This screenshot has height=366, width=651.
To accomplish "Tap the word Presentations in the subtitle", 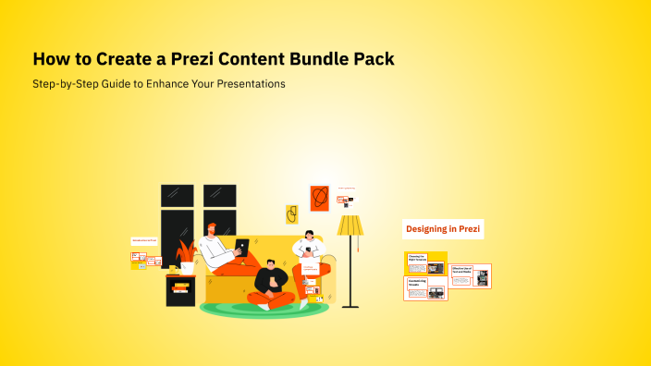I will click(x=250, y=84).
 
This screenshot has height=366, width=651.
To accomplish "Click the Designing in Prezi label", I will click(x=443, y=228).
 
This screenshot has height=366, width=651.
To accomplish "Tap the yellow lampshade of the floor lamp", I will click(x=350, y=226).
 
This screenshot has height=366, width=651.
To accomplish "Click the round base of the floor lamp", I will click(x=350, y=306).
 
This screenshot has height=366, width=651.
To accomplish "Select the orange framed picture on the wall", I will click(x=320, y=198).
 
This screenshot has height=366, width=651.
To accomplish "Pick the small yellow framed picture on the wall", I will click(x=291, y=215).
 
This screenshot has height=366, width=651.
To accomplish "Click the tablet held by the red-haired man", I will click(x=241, y=247).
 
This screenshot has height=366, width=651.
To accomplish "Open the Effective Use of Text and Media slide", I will click(x=471, y=275).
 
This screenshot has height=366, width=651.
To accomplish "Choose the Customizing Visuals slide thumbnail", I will click(x=425, y=288).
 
